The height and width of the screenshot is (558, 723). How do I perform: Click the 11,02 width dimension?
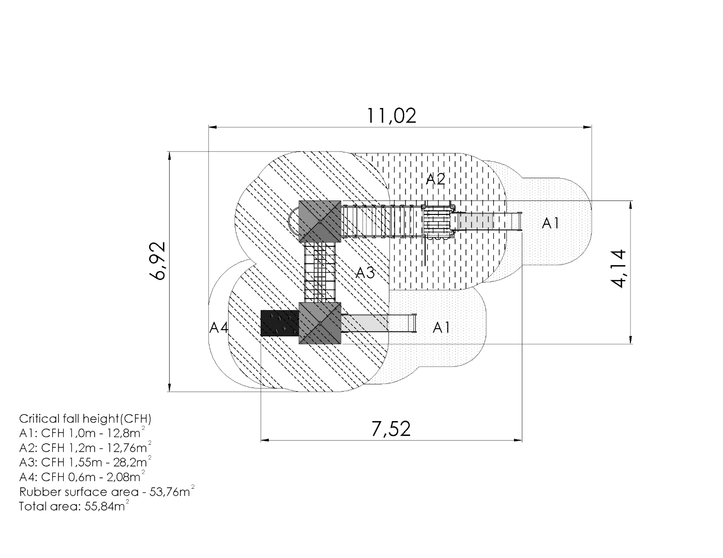coord(391,115)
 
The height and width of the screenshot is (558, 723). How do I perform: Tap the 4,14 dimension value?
coord(619,268)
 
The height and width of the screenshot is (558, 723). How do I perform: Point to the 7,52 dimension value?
coord(391,429)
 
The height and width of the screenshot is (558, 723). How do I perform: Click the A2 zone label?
coord(435,179)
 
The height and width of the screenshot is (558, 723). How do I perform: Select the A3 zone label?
coord(365,273)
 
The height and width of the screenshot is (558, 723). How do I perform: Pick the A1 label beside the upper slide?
coord(551,223)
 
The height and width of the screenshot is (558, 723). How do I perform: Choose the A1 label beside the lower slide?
coord(441,328)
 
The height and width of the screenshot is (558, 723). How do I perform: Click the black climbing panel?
coord(279,323)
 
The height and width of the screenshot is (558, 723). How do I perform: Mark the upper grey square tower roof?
coord(320,221)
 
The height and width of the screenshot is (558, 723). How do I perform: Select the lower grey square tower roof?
coord(320,323)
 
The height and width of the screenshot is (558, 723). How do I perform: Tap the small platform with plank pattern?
coord(438,222)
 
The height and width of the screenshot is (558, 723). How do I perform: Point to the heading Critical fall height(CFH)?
coord(85,419)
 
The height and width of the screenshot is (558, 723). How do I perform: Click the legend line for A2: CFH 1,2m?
coord(85,447)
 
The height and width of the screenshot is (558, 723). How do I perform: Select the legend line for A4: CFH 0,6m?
coord(82,476)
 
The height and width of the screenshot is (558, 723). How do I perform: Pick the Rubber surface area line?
coord(107,491)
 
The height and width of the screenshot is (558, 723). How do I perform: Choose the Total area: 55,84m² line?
coord(73,506)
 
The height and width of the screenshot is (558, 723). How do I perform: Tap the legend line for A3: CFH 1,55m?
coord(85,461)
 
